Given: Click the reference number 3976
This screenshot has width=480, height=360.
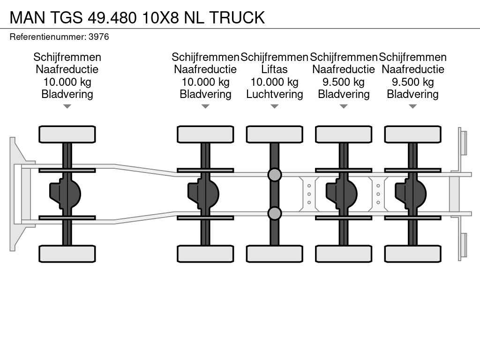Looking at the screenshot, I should click(x=98, y=37).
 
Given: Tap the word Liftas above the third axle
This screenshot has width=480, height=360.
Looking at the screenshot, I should click(x=274, y=69).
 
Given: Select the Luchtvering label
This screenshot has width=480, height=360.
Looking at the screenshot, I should click(x=274, y=94).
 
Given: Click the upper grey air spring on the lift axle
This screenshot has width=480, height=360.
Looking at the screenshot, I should click(x=274, y=175).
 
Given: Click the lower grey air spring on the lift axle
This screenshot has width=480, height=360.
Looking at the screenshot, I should click(x=274, y=214).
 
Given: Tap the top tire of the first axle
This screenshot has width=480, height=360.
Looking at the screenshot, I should click(x=67, y=134).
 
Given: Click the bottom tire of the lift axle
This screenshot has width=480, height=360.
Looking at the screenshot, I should click(x=274, y=254).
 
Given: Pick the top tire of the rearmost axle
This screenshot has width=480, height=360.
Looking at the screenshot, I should click(x=412, y=134).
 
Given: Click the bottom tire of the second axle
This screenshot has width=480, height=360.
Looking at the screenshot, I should click(x=205, y=254).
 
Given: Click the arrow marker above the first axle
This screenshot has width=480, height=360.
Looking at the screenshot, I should click(x=67, y=106).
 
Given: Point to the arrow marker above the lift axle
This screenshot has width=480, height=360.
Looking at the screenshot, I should click(x=274, y=106).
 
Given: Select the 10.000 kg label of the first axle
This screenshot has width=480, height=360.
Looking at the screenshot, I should click(x=67, y=82).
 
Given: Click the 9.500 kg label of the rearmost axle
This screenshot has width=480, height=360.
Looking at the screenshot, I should click(x=412, y=82).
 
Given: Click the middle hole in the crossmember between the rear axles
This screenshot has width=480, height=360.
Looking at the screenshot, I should click(x=378, y=194).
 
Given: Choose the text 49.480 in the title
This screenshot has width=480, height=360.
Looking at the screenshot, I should click(x=112, y=17).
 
